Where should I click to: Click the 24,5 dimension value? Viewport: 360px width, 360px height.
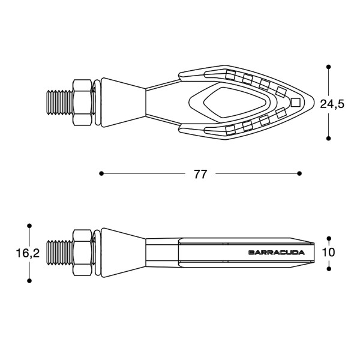click(x=331, y=103)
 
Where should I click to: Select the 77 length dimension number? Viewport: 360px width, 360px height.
click(x=200, y=174)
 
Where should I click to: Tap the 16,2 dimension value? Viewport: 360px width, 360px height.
click(x=28, y=253)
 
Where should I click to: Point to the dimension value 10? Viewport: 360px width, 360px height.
click(x=328, y=253)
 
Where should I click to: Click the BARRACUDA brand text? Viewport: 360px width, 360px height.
click(x=276, y=253)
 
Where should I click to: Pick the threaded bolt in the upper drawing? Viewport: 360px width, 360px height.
click(x=59, y=103)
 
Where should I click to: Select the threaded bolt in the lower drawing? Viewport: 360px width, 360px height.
click(x=59, y=253)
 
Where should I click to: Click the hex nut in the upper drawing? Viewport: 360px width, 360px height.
click(x=82, y=103)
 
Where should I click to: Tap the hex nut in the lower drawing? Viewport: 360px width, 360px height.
click(x=82, y=253)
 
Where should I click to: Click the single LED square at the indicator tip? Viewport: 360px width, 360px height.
click(x=295, y=102)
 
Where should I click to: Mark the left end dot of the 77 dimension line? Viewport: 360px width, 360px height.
click(x=101, y=173)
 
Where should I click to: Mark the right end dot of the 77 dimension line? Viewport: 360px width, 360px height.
click(x=299, y=173)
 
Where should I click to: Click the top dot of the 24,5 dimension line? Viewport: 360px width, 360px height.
click(x=328, y=67)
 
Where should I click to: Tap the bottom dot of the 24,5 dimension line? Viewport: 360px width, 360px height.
click(x=328, y=138)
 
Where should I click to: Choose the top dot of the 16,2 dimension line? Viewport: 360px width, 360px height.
click(x=29, y=226)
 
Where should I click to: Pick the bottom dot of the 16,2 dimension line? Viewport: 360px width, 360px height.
click(x=29, y=280)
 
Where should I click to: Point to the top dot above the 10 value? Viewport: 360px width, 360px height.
click(x=328, y=238)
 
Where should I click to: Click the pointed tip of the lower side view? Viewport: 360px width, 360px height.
click(x=319, y=253)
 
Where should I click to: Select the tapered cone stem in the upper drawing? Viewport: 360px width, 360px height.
click(x=123, y=103)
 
